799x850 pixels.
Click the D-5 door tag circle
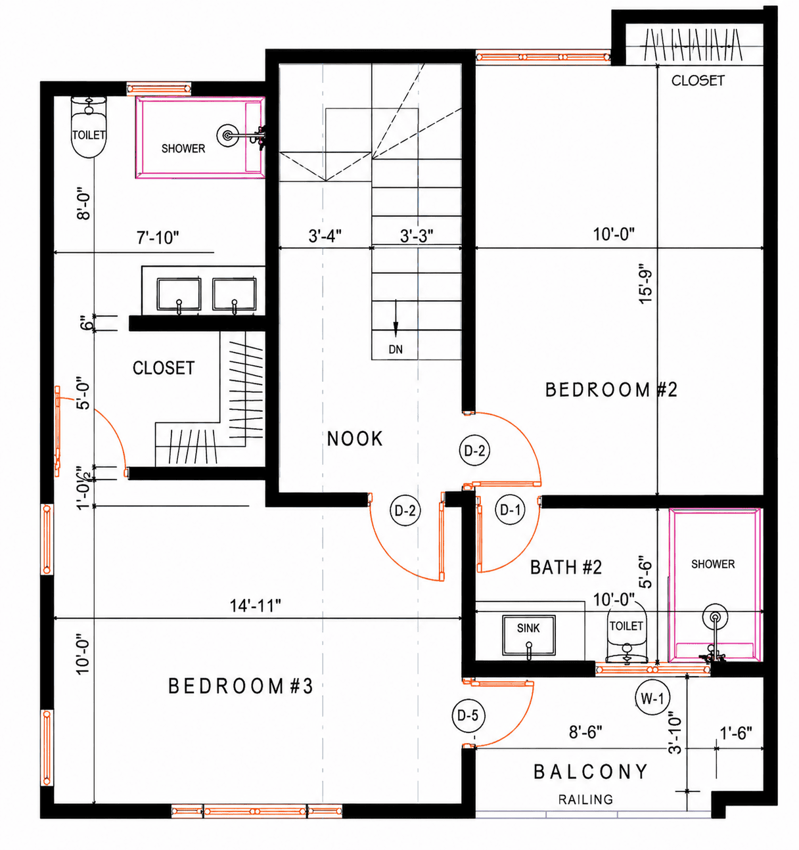(468, 715)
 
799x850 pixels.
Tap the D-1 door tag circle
(511, 509)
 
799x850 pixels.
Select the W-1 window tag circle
(652, 699)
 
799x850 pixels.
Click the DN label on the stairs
(396, 349)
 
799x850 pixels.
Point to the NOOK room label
(355, 439)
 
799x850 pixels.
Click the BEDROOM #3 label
(240, 686)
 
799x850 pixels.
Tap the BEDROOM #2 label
(611, 390)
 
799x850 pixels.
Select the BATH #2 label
(566, 567)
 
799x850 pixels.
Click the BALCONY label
(591, 772)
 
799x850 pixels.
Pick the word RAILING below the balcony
(585, 799)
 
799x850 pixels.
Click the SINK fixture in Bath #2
(529, 635)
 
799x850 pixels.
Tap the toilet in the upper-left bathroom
(89, 127)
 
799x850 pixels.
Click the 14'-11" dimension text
(255, 606)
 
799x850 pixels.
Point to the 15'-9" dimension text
(645, 286)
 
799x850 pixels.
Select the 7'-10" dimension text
(158, 238)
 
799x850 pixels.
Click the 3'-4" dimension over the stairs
(325, 236)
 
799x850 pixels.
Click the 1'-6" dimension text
(736, 734)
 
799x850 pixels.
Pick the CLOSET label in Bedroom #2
(698, 80)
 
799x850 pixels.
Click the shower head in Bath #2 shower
(715, 617)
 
